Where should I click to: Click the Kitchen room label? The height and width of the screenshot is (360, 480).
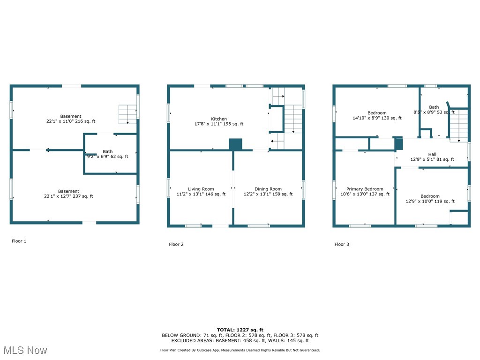[219, 119]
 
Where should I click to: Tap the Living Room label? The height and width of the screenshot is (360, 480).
[201, 189]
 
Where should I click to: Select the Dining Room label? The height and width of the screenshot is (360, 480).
[268, 189]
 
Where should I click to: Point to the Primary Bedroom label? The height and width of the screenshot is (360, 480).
[365, 189]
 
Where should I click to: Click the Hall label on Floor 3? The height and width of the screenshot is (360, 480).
[432, 154]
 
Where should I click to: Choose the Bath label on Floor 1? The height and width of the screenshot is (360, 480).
[108, 151]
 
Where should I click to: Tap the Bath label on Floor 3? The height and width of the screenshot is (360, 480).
[434, 107]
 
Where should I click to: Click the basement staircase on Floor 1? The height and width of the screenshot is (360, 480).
[127, 114]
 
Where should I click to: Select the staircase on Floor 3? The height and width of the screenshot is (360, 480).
[459, 124]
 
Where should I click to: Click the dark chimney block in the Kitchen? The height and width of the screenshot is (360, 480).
[235, 144]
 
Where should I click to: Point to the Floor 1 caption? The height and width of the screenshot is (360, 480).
[19, 241]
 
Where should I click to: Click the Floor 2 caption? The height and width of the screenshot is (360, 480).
[176, 244]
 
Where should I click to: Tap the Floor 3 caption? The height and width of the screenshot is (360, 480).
[342, 244]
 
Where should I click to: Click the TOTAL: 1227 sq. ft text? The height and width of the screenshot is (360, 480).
[240, 330]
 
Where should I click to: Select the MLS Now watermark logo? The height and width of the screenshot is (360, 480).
[25, 350]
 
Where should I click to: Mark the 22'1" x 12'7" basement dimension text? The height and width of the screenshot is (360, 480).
[68, 196]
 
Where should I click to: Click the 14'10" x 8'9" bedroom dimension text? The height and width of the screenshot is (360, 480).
[377, 118]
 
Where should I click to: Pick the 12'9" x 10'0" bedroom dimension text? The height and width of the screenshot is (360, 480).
[430, 202]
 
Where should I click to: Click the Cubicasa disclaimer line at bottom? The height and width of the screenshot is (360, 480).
[240, 350]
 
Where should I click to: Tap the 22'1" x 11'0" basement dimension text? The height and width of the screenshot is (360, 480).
[71, 121]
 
